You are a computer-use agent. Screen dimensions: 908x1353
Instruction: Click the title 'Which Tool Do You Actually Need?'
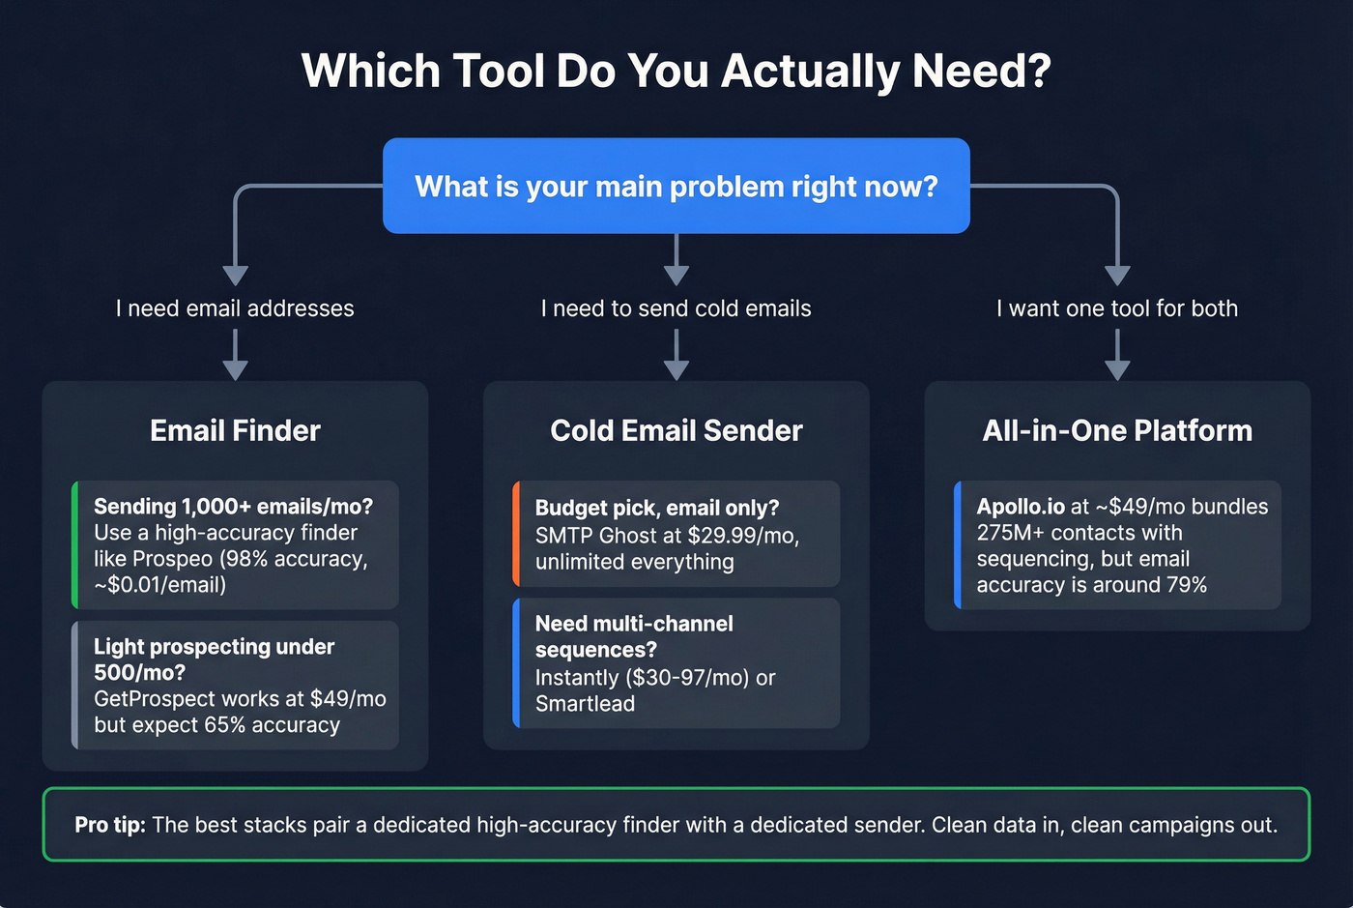pos(676,71)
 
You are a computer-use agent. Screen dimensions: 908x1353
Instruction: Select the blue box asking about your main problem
pos(676,186)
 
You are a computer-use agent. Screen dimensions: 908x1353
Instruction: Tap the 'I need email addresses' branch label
pos(235,308)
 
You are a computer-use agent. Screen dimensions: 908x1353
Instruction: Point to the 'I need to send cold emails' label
pos(676,308)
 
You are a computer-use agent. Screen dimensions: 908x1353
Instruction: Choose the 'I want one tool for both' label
pos(1117,308)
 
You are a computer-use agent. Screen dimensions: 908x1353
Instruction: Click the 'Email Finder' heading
pos(235,430)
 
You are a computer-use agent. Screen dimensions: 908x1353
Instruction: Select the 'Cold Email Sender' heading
pos(676,430)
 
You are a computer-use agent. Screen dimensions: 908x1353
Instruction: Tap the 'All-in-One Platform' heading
pos(1117,430)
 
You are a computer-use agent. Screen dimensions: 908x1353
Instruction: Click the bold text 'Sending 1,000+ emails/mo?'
pos(233,507)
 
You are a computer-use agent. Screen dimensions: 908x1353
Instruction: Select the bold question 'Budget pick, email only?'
pos(656,509)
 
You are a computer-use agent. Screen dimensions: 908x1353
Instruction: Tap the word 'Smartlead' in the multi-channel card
pos(585,704)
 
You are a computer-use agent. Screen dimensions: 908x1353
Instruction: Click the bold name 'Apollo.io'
pos(1021,507)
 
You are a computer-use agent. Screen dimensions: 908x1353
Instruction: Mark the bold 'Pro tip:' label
pos(110,825)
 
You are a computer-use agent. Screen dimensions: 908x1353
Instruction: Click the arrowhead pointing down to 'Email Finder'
pos(235,369)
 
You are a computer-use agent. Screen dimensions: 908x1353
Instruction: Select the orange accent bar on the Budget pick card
pos(516,534)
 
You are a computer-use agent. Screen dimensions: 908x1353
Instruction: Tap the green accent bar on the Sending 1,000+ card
pos(75,544)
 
